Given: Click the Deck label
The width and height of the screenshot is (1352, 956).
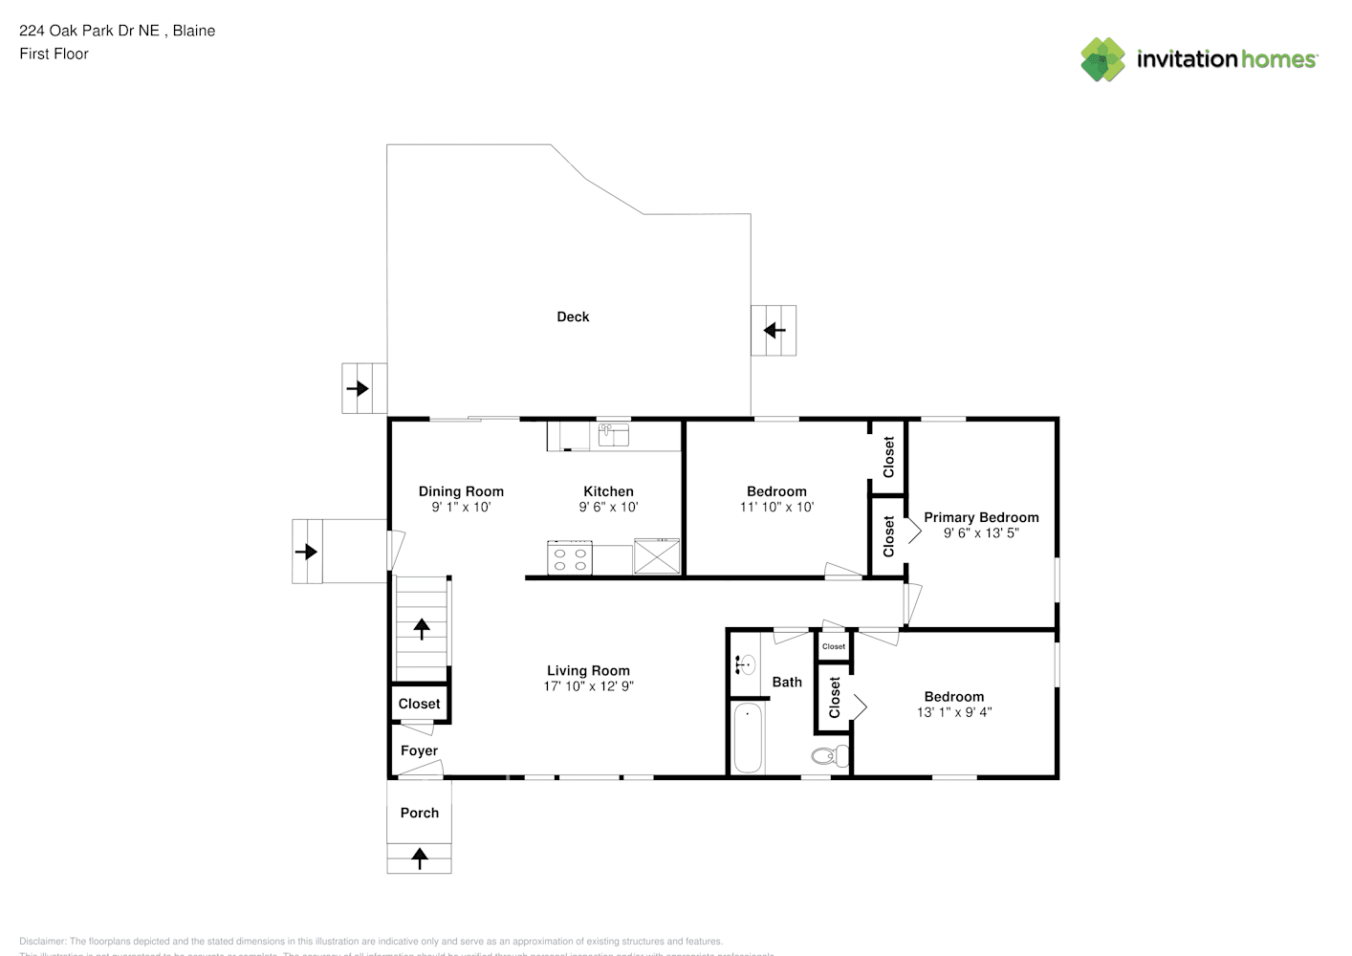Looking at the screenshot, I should point(573,316).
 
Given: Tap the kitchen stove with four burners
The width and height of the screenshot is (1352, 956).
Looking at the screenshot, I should point(570,558).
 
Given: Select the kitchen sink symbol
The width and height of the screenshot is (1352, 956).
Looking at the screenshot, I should point(613,436).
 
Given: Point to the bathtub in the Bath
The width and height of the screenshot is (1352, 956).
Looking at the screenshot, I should point(747,738).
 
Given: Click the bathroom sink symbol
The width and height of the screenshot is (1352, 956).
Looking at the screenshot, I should point(745,664).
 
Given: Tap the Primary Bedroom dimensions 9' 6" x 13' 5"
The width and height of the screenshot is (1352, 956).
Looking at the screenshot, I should point(981,533).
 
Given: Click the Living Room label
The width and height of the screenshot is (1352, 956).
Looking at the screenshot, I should point(588,670).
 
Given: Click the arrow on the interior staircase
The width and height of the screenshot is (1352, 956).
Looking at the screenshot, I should point(422,628).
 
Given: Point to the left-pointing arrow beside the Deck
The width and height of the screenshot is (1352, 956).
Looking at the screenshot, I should point(774,331).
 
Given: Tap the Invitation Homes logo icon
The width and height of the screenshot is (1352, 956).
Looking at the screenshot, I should point(1102,59).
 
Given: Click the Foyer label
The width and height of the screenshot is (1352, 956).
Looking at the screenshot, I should point(419,750).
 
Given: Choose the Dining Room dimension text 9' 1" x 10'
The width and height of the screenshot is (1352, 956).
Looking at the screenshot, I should point(461,508).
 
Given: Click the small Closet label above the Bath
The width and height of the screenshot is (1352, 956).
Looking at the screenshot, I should point(834,646).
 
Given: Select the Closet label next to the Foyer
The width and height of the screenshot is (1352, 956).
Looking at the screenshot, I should point(419,704).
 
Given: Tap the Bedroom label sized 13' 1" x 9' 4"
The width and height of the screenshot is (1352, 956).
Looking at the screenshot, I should point(953,697).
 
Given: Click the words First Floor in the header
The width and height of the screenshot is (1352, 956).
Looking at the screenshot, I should point(54,54).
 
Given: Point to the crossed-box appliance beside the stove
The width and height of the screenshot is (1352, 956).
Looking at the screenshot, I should point(657,556).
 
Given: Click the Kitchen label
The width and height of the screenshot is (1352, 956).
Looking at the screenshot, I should point(608,491).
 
